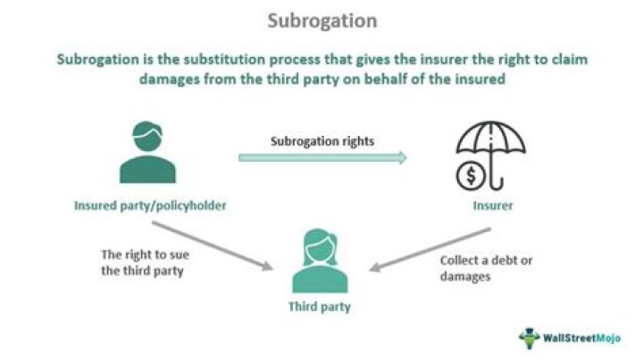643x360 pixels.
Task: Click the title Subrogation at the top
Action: pos(321,20)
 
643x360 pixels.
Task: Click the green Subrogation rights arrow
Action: pos(321,158)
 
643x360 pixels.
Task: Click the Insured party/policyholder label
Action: pos(149,206)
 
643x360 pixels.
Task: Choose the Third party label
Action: pos(319,306)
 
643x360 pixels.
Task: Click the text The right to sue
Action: pos(143,253)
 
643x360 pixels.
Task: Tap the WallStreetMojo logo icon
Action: pos(530,338)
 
